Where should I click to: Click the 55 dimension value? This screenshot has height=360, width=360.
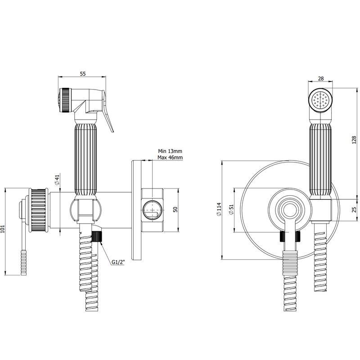click(83, 74)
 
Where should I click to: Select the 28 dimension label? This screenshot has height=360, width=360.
click(321, 78)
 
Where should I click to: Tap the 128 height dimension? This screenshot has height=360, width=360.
click(354, 140)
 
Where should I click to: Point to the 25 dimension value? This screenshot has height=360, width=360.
click(354, 210)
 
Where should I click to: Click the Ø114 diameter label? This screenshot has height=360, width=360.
click(219, 209)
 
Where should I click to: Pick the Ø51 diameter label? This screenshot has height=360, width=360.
click(231, 209)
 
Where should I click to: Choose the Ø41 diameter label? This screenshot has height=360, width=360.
click(57, 180)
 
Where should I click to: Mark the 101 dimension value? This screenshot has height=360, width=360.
click(3, 229)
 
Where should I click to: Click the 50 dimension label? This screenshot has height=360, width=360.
click(175, 210)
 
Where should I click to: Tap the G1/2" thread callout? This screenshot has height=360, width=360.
click(118, 262)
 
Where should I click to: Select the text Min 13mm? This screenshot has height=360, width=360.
click(170, 151)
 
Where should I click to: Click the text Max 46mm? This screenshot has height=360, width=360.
click(170, 157)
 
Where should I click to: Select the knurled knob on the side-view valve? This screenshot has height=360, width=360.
click(39, 210)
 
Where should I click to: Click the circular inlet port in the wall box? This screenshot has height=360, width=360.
click(152, 210)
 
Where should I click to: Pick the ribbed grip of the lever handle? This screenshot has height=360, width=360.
click(24, 263)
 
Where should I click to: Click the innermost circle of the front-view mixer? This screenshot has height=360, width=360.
click(290, 210)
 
